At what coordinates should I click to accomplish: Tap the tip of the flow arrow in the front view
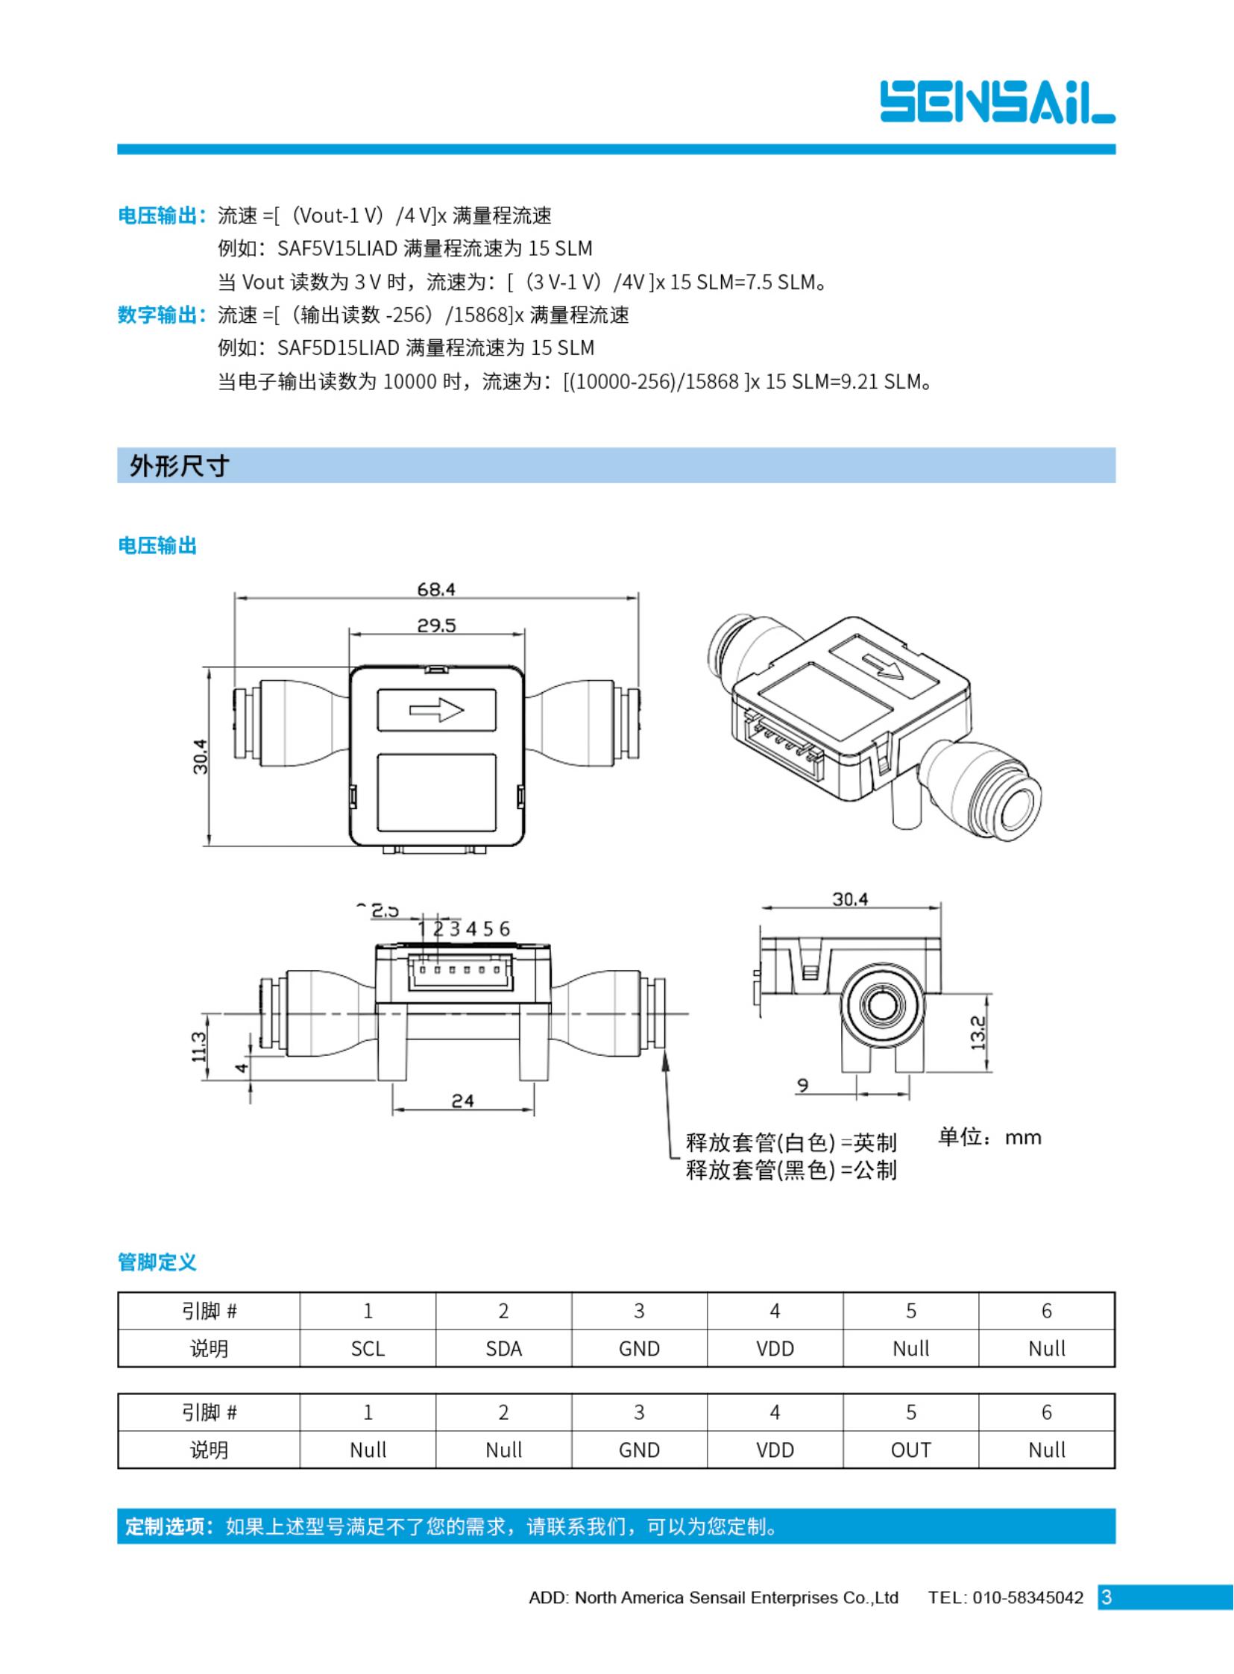coord(464,709)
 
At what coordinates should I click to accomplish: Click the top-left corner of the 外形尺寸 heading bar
coord(117,448)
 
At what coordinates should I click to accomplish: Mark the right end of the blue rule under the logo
coord(1115,149)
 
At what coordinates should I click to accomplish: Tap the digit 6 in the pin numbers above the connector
coord(504,928)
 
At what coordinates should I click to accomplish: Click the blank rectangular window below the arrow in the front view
coord(436,793)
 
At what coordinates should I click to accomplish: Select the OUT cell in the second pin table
coord(910,1450)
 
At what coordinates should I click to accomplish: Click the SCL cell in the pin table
coord(368,1348)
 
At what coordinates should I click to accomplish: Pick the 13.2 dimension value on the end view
coord(978,1033)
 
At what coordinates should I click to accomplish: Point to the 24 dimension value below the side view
coord(462,1101)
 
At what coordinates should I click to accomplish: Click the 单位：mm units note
coord(989,1138)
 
